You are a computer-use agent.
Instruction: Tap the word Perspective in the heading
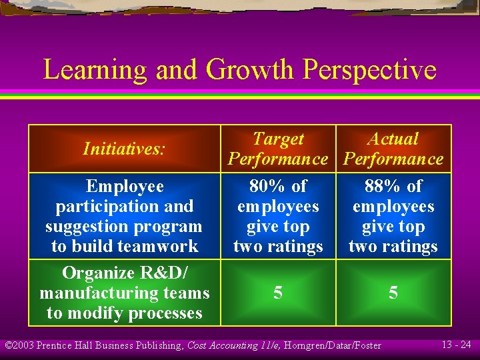pyautogui.click(x=369, y=70)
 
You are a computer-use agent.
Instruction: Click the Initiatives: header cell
pyautogui.click(x=124, y=149)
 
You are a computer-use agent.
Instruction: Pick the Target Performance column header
pyautogui.click(x=278, y=149)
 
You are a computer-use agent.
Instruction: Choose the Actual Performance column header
pyautogui.click(x=393, y=149)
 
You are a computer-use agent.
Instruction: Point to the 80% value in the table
pyautogui.click(x=264, y=186)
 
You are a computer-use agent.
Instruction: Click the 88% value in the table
pyautogui.click(x=379, y=186)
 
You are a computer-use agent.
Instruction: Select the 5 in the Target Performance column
pyautogui.click(x=278, y=293)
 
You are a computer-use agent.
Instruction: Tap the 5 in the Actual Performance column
pyautogui.click(x=393, y=293)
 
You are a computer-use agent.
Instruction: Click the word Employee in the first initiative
pyautogui.click(x=125, y=186)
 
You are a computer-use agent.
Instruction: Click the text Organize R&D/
pyautogui.click(x=125, y=273)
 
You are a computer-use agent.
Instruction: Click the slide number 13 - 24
pyautogui.click(x=458, y=345)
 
